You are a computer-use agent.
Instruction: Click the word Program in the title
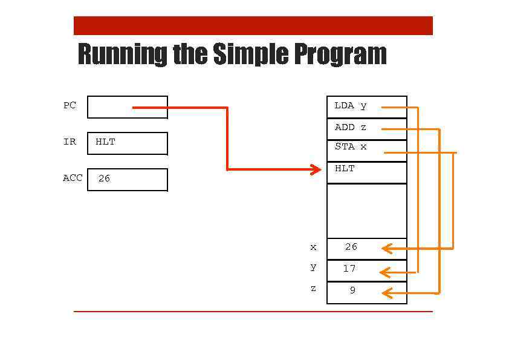pyautogui.click(x=340, y=54)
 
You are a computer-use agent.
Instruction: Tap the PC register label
pyautogui.click(x=70, y=105)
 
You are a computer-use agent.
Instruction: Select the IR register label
pyautogui.click(x=70, y=142)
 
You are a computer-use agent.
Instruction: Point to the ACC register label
pyautogui.click(x=73, y=178)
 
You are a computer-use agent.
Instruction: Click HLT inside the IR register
pyautogui.click(x=105, y=142)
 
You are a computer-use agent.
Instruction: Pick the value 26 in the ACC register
pyautogui.click(x=104, y=178)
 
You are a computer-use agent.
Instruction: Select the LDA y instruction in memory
pyautogui.click(x=351, y=106)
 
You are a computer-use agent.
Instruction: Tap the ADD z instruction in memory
pyautogui.click(x=351, y=128)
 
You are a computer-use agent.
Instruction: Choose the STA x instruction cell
pyautogui.click(x=351, y=147)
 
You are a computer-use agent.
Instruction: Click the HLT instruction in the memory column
pyautogui.click(x=345, y=169)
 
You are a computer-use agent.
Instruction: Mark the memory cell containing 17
pyautogui.click(x=349, y=269)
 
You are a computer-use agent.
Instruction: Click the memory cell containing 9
pyautogui.click(x=352, y=290)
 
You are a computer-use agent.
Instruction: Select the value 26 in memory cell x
pyautogui.click(x=351, y=247)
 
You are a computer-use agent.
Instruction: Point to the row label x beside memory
pyautogui.click(x=313, y=247)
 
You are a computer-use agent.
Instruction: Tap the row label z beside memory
pyautogui.click(x=313, y=289)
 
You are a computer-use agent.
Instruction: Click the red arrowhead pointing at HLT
pyautogui.click(x=316, y=169)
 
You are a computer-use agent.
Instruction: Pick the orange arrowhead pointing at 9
pyautogui.click(x=387, y=293)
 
